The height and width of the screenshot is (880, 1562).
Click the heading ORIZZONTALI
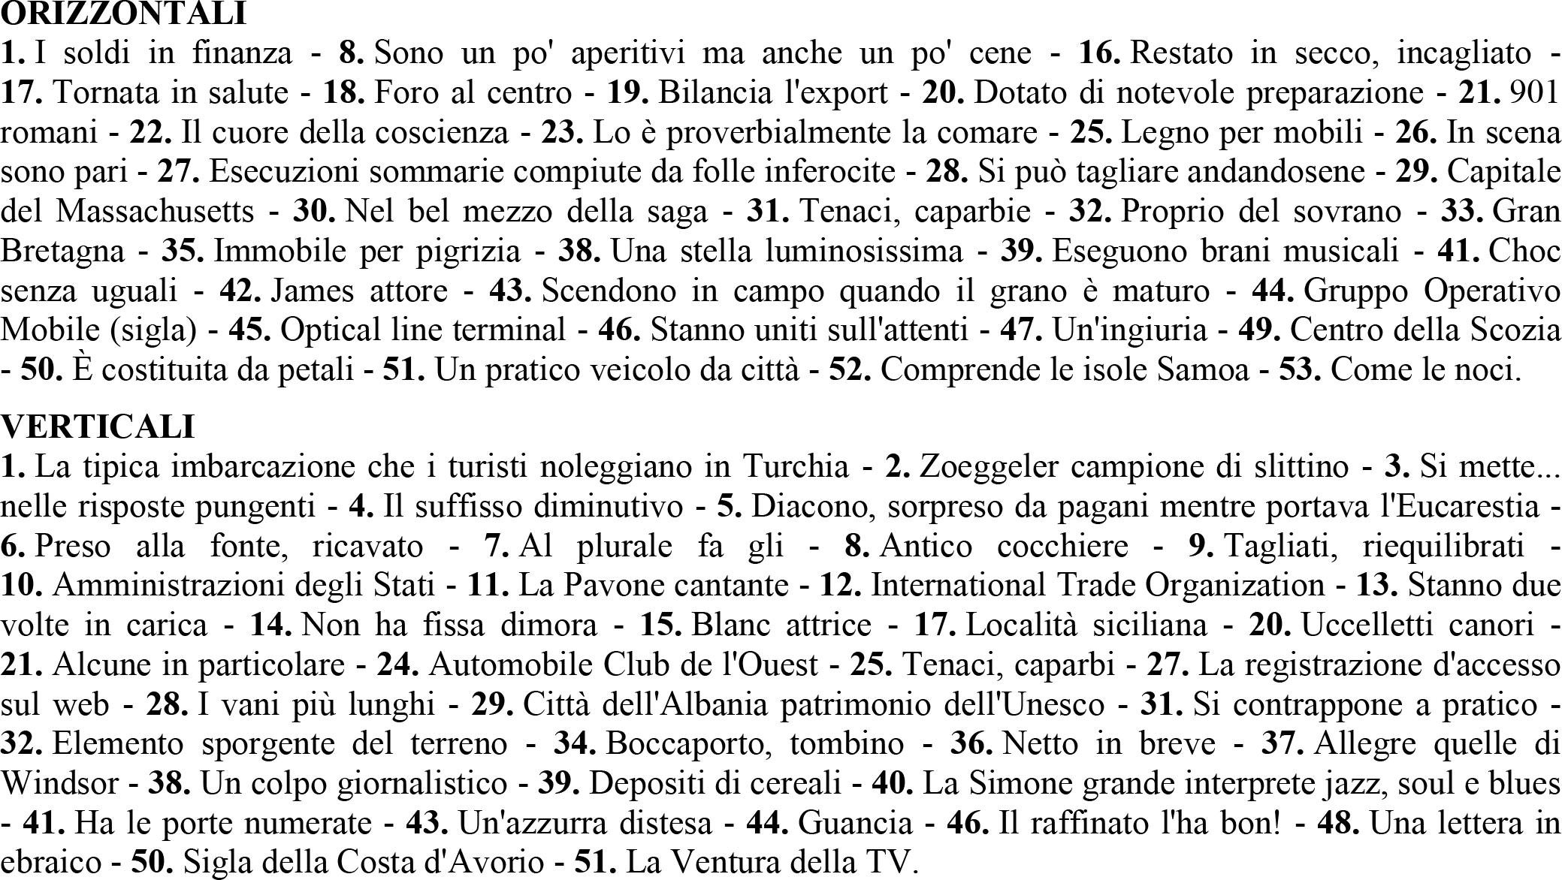pyautogui.click(x=123, y=13)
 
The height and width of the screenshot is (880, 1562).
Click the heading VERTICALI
pyautogui.click(x=98, y=426)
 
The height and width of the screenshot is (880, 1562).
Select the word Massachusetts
pyautogui.click(x=155, y=212)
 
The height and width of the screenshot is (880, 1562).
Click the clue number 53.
pyautogui.click(x=1300, y=370)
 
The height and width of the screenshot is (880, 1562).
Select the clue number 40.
pyautogui.click(x=892, y=784)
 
